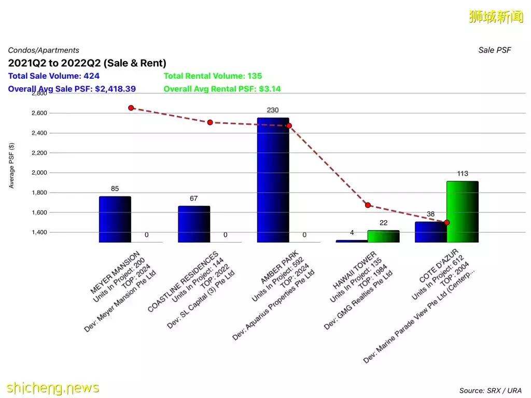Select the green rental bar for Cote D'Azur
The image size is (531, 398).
(x=462, y=211)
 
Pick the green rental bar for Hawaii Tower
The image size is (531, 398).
(x=383, y=236)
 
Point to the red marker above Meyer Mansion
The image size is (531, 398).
(x=131, y=108)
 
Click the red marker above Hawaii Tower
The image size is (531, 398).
(x=368, y=205)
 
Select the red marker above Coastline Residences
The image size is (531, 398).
(x=210, y=122)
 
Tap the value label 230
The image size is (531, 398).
(x=273, y=110)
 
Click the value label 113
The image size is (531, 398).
(x=463, y=174)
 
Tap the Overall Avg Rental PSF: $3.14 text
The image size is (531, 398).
(x=222, y=89)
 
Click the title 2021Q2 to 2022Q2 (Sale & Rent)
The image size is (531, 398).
(x=87, y=63)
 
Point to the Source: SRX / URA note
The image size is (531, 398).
(x=490, y=390)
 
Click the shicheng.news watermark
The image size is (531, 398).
(x=52, y=387)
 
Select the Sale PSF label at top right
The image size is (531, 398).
(x=494, y=50)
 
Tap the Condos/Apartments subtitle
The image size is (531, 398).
(x=44, y=50)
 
